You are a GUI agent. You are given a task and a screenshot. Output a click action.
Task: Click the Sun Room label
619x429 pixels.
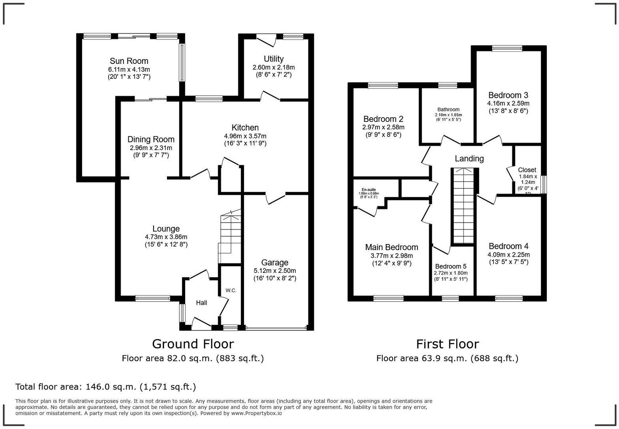129,61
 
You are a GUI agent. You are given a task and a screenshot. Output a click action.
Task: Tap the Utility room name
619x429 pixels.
274,59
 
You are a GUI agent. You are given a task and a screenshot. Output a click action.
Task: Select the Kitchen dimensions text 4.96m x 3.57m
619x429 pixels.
245,136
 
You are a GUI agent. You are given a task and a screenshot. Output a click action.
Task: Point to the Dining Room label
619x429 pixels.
151,139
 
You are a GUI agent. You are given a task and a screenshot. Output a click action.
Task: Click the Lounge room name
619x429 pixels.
166,229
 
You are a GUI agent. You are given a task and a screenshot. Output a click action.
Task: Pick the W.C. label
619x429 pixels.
231,291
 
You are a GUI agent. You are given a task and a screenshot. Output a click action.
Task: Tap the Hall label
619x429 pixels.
201,303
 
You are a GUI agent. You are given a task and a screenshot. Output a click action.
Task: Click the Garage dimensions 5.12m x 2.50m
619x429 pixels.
275,271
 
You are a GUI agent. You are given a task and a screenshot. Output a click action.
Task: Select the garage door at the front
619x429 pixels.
276,328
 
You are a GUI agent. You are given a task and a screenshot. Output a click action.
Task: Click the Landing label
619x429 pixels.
469,159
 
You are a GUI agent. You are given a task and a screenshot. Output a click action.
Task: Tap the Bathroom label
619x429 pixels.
448,110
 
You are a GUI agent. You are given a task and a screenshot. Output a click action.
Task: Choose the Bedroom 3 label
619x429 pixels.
508,95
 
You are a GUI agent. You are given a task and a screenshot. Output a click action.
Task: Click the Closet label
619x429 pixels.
527,170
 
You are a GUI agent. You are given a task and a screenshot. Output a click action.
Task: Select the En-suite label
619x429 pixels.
369,190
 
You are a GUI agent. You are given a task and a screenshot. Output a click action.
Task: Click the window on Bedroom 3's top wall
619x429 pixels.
507,48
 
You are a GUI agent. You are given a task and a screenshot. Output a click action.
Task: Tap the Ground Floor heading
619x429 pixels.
193,344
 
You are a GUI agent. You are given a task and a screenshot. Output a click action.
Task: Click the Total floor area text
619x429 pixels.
105,387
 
